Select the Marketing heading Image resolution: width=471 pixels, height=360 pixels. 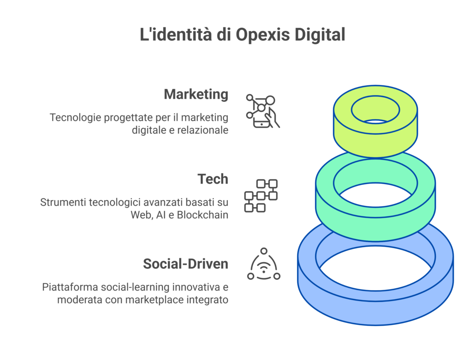196,94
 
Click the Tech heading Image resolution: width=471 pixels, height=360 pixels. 213,179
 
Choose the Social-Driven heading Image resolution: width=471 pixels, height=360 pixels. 186,264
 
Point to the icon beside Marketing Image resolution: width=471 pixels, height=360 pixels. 262,111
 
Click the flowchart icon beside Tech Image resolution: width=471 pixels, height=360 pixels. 261,196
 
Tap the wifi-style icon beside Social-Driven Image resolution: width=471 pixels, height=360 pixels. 263,265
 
